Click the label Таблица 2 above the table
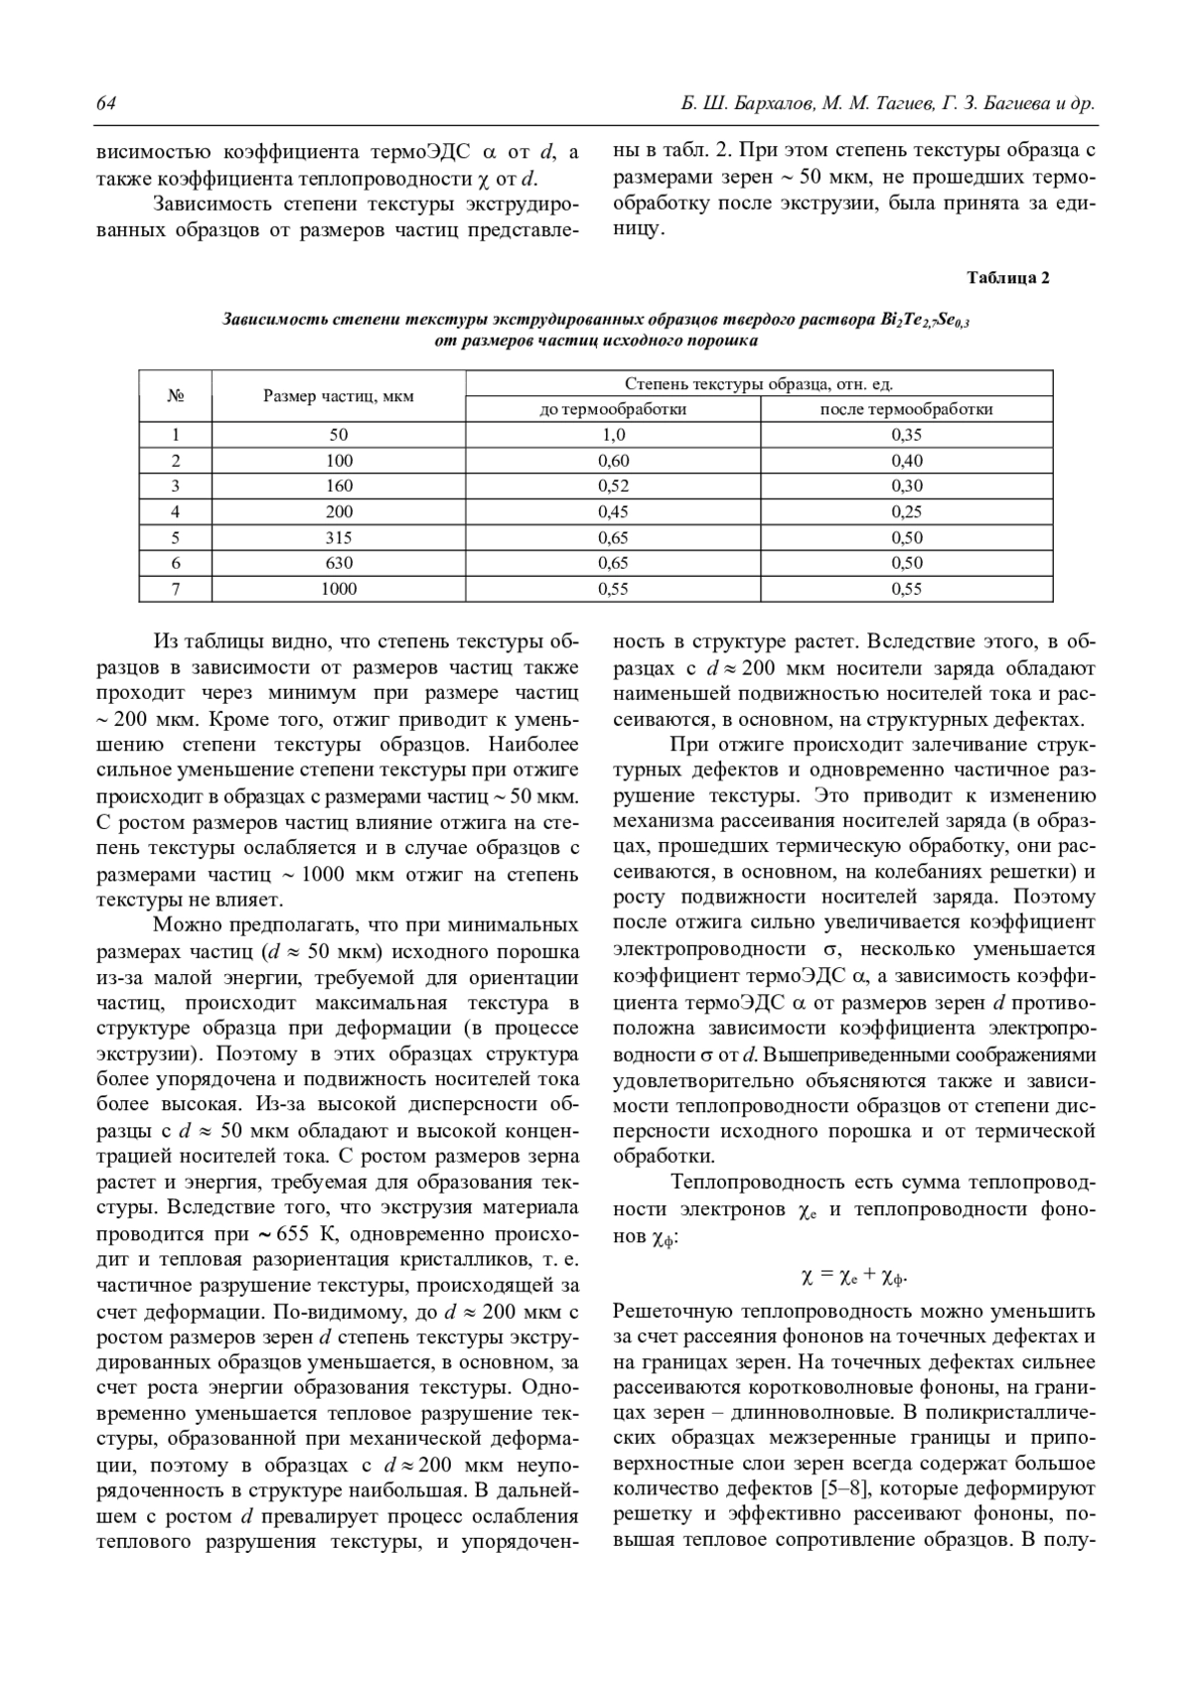(1007, 278)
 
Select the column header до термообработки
(613, 409)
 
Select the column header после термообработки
(906, 409)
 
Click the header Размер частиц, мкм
(338, 396)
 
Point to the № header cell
(176, 396)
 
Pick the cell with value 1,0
(613, 435)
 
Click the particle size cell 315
(338, 538)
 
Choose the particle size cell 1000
(338, 589)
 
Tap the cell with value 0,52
(613, 487)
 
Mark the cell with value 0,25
(906, 512)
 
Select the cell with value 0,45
(613, 512)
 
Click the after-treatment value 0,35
(906, 435)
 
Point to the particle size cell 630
(338, 563)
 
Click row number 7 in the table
(176, 589)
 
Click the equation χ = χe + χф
(854, 1276)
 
